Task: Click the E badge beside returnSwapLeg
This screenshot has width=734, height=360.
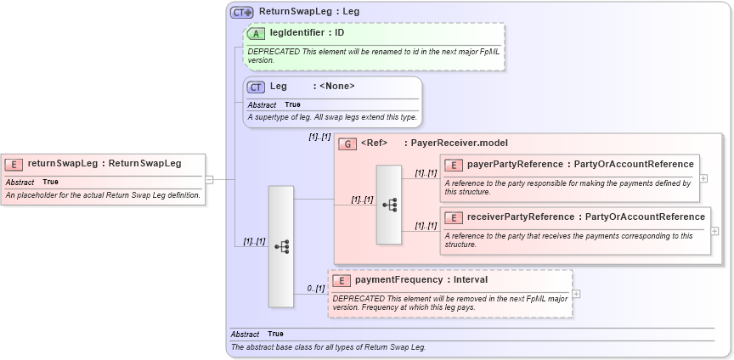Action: (x=14, y=164)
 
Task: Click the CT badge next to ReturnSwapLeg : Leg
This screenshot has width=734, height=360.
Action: (x=242, y=12)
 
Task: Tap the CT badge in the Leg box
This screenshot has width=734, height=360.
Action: (x=256, y=87)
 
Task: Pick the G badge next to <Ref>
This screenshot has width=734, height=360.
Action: (x=347, y=143)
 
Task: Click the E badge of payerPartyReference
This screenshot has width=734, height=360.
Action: (x=454, y=165)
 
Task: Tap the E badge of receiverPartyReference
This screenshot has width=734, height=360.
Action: (x=454, y=217)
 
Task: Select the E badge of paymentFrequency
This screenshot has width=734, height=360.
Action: (x=341, y=280)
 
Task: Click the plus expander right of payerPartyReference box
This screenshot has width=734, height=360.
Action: (x=703, y=178)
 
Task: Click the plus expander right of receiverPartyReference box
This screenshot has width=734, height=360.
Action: (x=714, y=231)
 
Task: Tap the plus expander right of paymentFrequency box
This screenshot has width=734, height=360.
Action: (x=577, y=294)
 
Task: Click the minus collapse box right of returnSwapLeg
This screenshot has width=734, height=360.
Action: (x=209, y=179)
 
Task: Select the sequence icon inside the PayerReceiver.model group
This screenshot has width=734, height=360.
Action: (x=389, y=205)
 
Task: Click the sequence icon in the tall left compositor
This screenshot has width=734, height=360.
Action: (x=281, y=246)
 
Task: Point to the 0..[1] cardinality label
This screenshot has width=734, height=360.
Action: (x=316, y=289)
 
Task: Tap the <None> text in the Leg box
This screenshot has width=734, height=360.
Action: (x=337, y=86)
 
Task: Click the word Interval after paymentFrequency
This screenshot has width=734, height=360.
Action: (x=471, y=279)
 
